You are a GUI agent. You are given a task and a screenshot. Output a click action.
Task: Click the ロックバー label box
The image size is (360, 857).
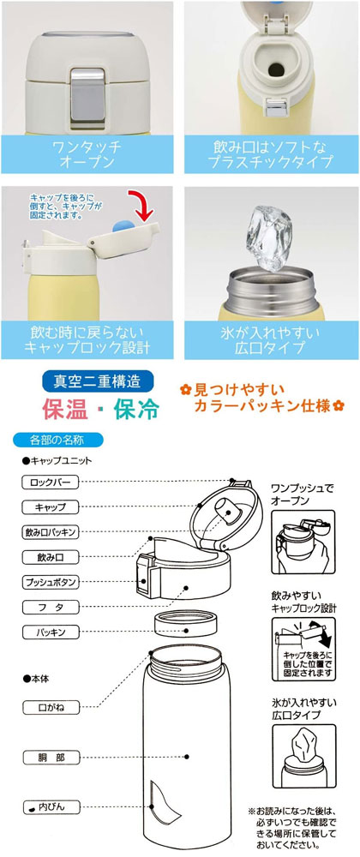tap(51, 482)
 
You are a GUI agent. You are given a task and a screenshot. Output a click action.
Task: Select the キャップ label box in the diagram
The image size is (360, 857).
tap(51, 506)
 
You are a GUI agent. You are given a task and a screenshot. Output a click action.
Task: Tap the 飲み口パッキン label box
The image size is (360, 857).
tap(51, 532)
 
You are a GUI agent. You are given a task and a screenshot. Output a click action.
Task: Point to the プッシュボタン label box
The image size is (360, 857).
tap(51, 582)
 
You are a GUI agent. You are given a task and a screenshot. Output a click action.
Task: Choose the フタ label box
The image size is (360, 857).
tap(51, 608)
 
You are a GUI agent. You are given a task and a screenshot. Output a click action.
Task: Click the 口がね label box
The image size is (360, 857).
tap(51, 707)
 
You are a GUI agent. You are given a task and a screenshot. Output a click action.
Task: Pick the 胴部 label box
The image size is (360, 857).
tap(51, 758)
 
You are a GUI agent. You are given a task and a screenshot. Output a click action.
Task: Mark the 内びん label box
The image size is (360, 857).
tap(51, 806)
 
